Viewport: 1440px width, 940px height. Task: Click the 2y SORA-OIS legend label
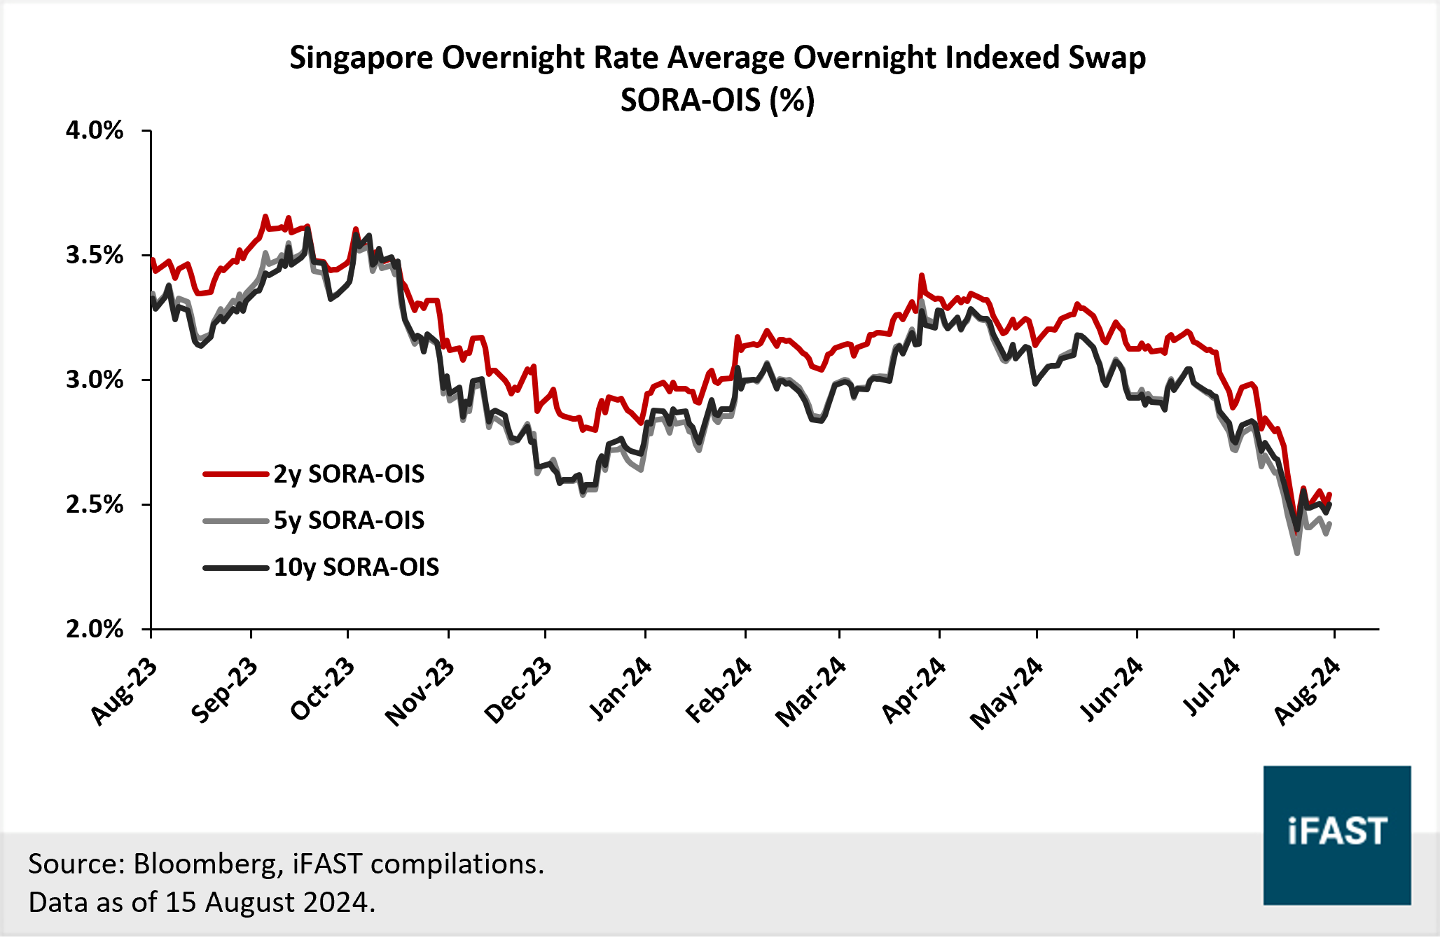[x=349, y=474]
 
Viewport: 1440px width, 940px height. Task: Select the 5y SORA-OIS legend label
[x=349, y=520]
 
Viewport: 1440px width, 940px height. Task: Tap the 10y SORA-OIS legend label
[x=356, y=567]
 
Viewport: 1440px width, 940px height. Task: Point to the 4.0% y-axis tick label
[x=95, y=130]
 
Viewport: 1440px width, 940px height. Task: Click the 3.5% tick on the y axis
[x=95, y=255]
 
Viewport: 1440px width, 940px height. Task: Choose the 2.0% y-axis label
[x=95, y=629]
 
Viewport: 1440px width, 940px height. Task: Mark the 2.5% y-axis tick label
[x=95, y=504]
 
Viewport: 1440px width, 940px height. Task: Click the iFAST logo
[x=1336, y=834]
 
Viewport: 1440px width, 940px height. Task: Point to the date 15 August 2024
[x=266, y=902]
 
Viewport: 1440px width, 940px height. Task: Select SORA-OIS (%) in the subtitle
[x=717, y=100]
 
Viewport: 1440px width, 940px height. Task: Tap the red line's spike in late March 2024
[x=922, y=276]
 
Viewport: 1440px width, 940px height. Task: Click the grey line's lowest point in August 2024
[x=1297, y=553]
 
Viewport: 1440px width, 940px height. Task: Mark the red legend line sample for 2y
[x=236, y=474]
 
